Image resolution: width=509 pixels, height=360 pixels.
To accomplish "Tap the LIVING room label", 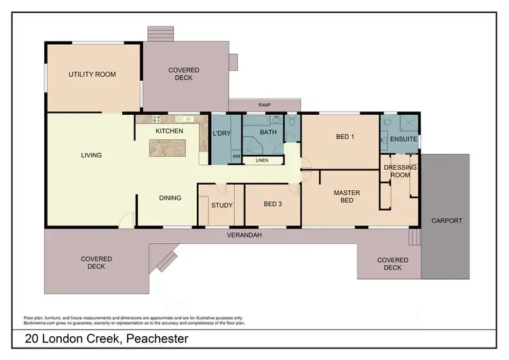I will point(91,156).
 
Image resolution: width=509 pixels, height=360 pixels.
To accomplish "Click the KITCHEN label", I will point(169,130).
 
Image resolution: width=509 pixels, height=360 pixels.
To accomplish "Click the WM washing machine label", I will point(236,156).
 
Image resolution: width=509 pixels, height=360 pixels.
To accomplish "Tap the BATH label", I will point(267,132).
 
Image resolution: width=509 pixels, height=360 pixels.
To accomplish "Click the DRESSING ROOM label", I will point(397,170).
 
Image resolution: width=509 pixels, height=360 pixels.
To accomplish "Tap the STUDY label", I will point(222,205).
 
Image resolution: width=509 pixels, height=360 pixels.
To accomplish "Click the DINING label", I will point(170,198).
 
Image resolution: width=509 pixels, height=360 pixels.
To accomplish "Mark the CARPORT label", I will point(446,221).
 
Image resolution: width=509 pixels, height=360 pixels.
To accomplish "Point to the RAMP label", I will point(265,105).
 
